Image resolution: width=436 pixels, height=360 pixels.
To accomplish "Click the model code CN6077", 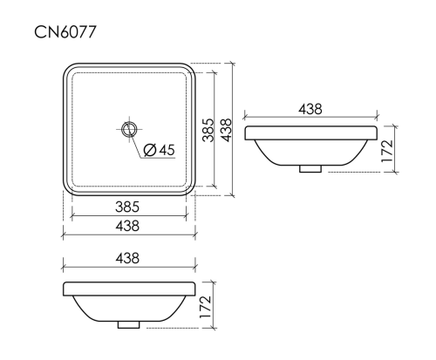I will tap(65, 32).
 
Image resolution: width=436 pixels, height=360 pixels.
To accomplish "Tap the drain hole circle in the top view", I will tap(129, 130).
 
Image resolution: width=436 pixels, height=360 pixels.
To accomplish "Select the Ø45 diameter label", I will tap(158, 150).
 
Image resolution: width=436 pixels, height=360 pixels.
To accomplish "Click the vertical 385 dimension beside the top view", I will tap(208, 130).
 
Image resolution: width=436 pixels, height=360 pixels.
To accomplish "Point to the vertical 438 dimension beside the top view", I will tap(226, 130).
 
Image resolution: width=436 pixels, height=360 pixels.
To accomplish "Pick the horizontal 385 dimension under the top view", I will tap(128, 207).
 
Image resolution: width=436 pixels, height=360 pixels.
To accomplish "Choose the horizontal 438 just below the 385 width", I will tap(128, 226).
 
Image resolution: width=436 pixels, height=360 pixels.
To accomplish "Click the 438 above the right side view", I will tap(310, 109).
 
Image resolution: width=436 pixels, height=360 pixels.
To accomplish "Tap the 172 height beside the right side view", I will tap(388, 150).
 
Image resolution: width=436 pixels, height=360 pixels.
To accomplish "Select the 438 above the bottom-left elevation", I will tap(128, 258).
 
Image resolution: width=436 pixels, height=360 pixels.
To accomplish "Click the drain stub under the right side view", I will tap(310, 169).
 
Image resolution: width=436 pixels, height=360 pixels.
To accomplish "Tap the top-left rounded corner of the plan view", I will tap(68, 68).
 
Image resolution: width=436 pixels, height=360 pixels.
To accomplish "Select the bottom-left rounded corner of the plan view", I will tap(68, 191).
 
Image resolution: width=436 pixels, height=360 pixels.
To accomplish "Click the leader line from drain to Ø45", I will tap(138, 143).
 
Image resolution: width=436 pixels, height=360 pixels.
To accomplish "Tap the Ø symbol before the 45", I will tap(149, 150).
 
